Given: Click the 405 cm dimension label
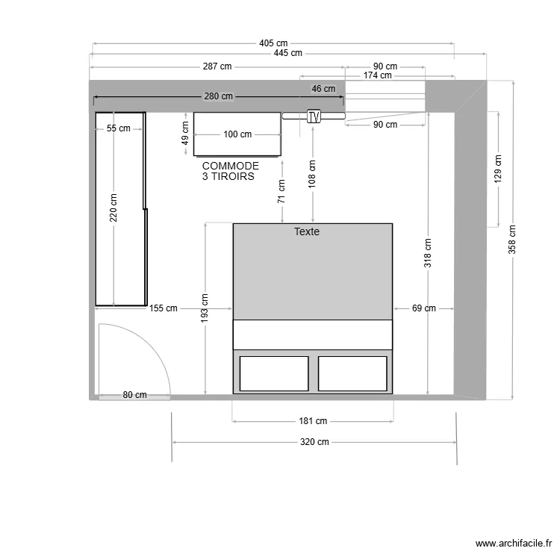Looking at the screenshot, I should click(273, 43).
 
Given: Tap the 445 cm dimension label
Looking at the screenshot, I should click(287, 53).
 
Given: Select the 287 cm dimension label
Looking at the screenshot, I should click(217, 66).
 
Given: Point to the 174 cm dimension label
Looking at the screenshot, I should click(377, 75).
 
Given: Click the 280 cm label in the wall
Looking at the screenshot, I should click(218, 96).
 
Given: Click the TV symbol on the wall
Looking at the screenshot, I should click(314, 116).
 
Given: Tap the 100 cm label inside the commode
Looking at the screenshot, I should click(237, 134).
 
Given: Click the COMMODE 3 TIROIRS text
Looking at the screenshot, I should click(230, 171).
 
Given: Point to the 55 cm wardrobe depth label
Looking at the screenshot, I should click(118, 128).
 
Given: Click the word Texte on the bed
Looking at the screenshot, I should click(306, 232).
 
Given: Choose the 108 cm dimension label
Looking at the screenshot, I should click(312, 174).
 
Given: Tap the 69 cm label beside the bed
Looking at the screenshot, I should click(423, 308).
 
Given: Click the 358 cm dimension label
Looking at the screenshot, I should click(512, 240).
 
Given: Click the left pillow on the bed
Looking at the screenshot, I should click(274, 373).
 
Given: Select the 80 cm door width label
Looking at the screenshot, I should click(135, 395).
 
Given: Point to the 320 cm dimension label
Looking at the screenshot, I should click(314, 442).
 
